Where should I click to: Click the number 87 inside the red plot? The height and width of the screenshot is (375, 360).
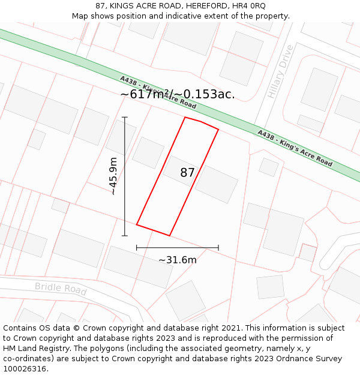187,173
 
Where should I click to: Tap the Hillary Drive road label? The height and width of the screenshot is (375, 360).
280,71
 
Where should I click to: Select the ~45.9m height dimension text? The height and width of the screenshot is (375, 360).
113,176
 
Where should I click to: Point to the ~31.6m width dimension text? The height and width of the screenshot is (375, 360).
178,260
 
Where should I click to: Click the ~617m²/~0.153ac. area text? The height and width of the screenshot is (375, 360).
178,94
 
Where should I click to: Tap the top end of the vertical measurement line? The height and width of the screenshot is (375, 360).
125,117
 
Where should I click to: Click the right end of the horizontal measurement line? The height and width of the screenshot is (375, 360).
218,247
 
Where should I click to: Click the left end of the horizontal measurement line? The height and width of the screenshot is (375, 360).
137,247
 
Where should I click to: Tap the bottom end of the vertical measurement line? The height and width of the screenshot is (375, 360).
125,236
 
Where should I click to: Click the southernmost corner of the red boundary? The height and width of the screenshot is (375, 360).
170,235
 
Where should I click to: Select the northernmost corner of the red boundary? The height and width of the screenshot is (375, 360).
185,117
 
